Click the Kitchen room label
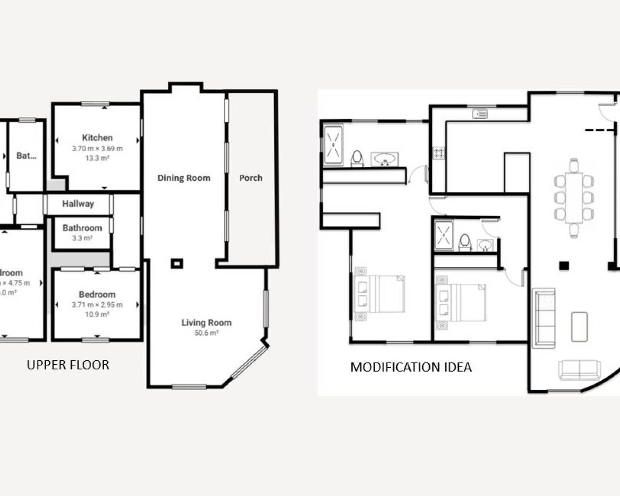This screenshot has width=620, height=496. point(97,138)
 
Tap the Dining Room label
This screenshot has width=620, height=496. point(184,178)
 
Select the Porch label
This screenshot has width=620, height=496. point(250,178)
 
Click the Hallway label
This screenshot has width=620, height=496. point(77,203)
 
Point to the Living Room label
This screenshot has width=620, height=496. point(206,323)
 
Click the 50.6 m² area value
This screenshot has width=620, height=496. point(206,333)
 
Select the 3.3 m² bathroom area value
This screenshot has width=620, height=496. point(82,238)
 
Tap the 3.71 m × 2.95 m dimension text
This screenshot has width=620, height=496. point(97,305)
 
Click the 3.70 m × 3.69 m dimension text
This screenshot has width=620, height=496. point(97,149)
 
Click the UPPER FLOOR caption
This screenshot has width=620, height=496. point(68,365)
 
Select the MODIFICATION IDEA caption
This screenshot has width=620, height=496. point(411,367)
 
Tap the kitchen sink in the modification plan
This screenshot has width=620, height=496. point(480,114)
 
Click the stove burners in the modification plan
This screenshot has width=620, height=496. point(439,153)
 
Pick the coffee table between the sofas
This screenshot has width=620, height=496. point(579,326)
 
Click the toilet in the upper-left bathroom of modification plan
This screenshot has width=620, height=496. point(357,158)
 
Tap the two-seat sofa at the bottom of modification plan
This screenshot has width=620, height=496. point(580,370)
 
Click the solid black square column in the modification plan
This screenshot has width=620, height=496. point(563,265)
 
